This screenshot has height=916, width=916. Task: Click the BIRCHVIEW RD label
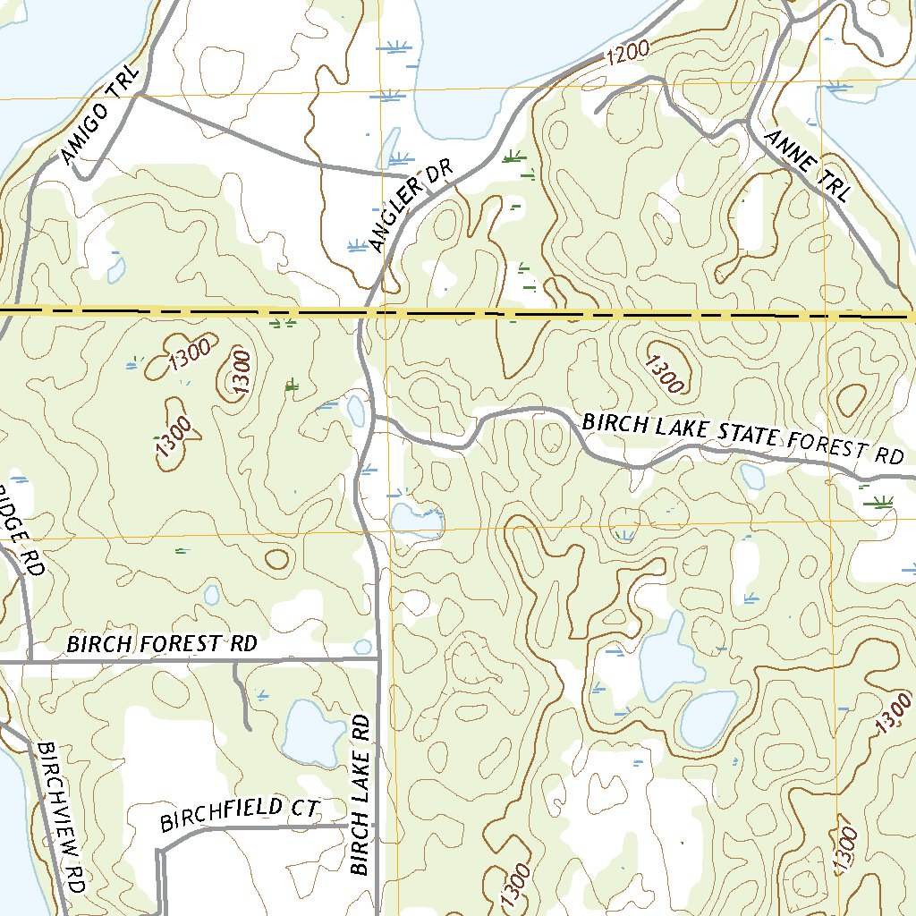click(x=62, y=816)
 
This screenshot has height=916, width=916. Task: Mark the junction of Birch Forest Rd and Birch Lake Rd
click(x=379, y=659)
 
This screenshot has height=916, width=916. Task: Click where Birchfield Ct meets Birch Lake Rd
click(x=376, y=826)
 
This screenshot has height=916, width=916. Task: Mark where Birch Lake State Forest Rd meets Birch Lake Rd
click(x=373, y=417)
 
